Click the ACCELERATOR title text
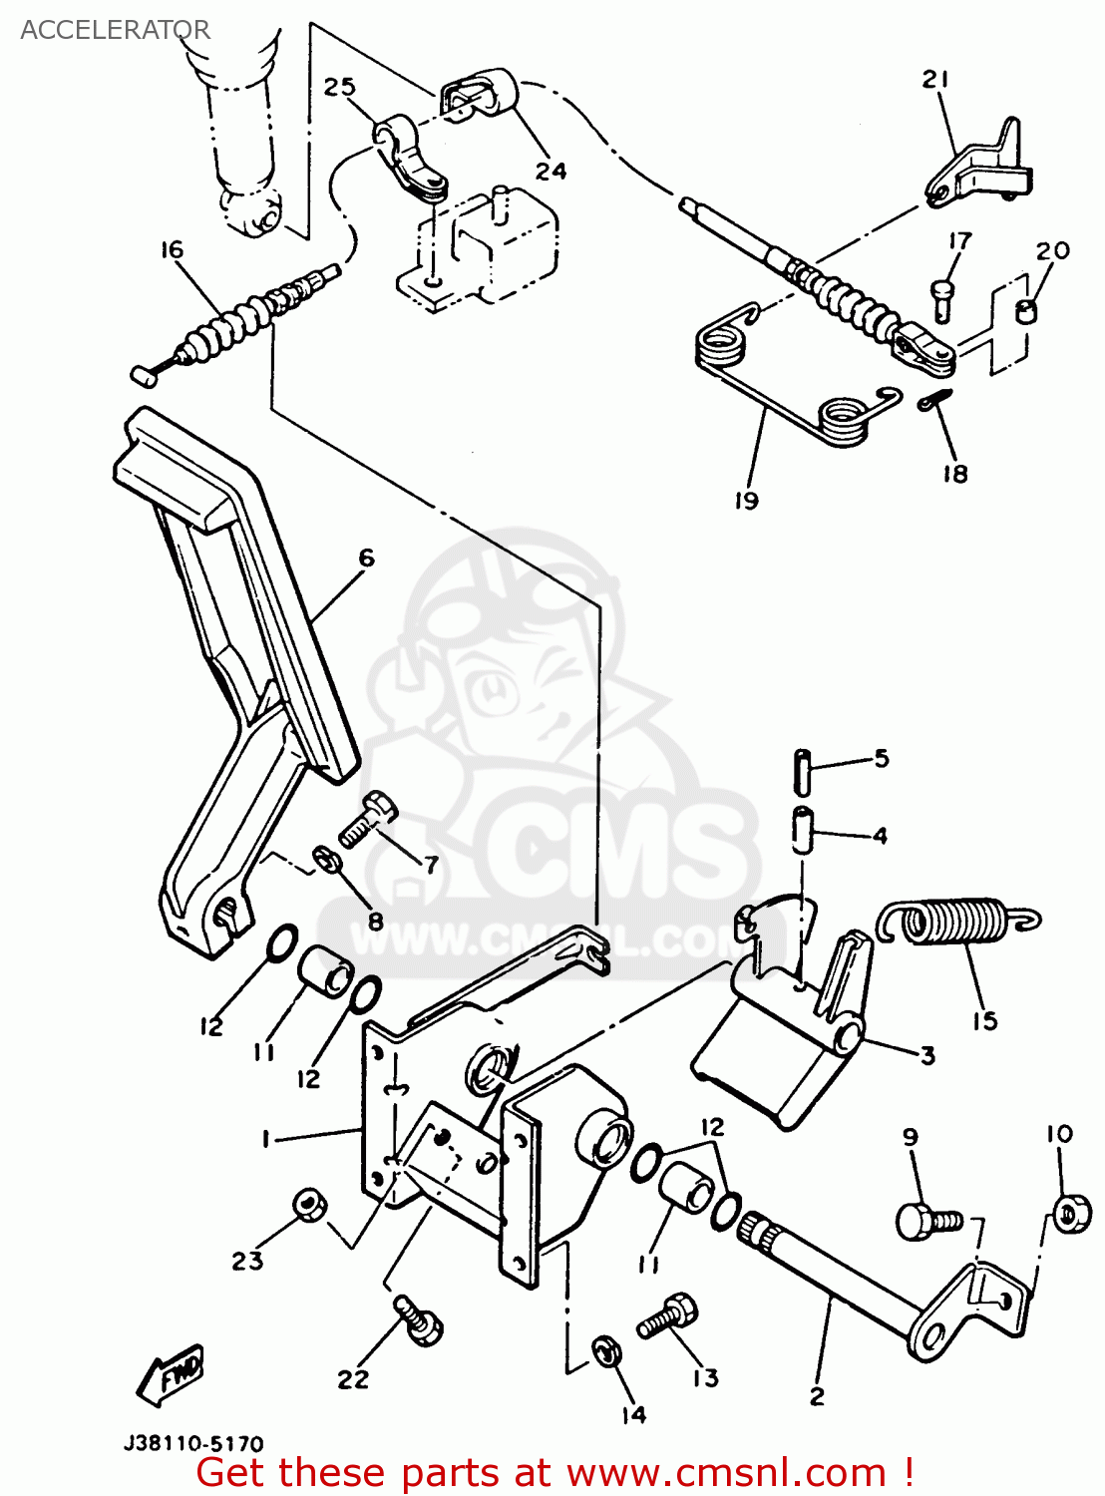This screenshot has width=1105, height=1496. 115,30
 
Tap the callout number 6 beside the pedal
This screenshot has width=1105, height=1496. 366,559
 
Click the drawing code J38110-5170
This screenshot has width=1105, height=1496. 193,1443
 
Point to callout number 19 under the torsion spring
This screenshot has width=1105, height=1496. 746,500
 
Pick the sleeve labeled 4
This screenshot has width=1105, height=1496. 802,831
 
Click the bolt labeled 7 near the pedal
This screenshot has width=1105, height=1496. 366,820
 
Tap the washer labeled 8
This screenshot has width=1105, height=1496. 325,859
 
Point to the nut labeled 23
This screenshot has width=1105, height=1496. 308,1206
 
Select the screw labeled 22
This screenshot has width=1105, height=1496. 419,1318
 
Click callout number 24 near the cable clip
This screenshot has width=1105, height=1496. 551,171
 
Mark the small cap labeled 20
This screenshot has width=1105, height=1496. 1025,310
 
